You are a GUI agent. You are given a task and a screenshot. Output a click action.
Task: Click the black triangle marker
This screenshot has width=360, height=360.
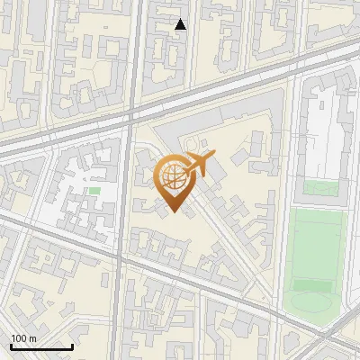click(181, 24)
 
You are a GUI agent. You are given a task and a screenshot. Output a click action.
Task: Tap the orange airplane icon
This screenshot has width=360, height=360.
click(200, 166)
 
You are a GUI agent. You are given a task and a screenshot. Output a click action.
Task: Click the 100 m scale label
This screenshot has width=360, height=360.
click(23, 338)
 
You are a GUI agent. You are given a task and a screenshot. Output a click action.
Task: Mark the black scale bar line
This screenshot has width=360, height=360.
click(41, 346)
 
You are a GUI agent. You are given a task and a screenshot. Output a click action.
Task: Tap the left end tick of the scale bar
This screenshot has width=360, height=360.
click(11, 346)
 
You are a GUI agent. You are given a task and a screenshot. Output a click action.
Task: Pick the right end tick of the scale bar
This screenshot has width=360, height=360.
click(72, 346)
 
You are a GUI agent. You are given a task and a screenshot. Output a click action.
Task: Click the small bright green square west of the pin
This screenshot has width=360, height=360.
click(94, 191)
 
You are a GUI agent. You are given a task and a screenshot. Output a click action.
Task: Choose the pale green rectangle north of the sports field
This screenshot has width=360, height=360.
click(320, 189)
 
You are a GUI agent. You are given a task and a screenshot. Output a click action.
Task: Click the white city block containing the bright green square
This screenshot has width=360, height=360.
click(76, 193)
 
